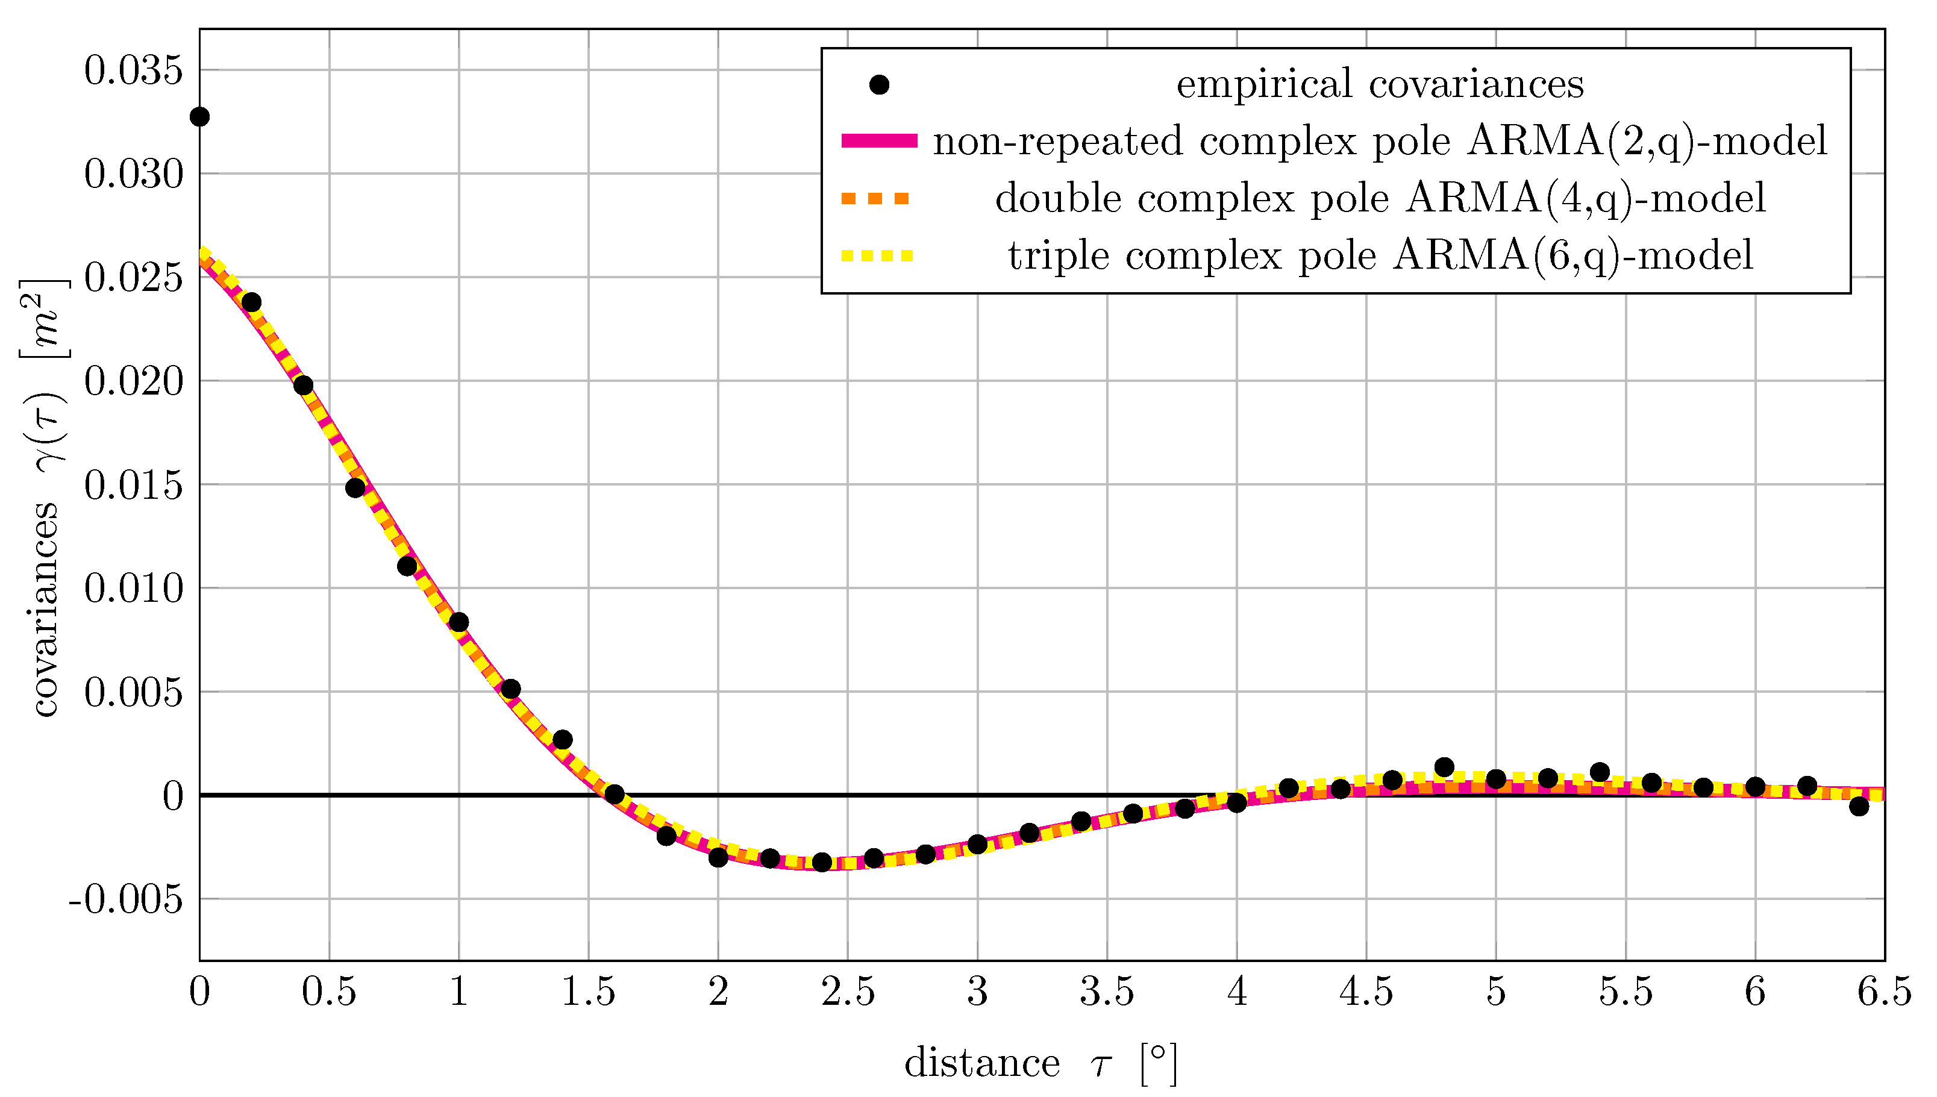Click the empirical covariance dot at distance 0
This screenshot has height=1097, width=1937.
click(x=199, y=117)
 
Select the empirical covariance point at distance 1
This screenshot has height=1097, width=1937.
click(x=459, y=622)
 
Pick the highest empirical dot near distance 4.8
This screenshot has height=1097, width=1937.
click(x=1444, y=767)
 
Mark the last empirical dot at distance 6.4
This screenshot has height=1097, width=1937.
click(x=1859, y=806)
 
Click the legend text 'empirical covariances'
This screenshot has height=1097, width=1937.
click(x=1380, y=84)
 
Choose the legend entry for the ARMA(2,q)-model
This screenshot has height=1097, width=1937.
click(x=1380, y=141)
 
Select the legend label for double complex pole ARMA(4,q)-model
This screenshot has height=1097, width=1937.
click(x=1380, y=198)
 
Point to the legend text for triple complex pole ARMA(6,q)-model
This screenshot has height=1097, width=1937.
click(x=1380, y=255)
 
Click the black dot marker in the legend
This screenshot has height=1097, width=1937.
click(x=879, y=84)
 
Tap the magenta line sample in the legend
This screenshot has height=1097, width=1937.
click(x=879, y=141)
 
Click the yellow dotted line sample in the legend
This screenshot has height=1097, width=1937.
click(x=878, y=256)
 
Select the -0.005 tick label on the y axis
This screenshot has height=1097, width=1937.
click(x=126, y=899)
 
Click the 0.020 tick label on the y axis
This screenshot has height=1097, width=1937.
click(x=133, y=381)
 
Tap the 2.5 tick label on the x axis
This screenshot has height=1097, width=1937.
click(x=848, y=992)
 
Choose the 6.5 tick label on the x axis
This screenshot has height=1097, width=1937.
click(x=1884, y=992)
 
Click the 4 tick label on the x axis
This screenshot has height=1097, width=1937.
click(x=1237, y=992)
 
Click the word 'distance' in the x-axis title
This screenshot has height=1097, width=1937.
click(x=981, y=1063)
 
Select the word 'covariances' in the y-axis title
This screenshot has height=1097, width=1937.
click(x=45, y=610)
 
